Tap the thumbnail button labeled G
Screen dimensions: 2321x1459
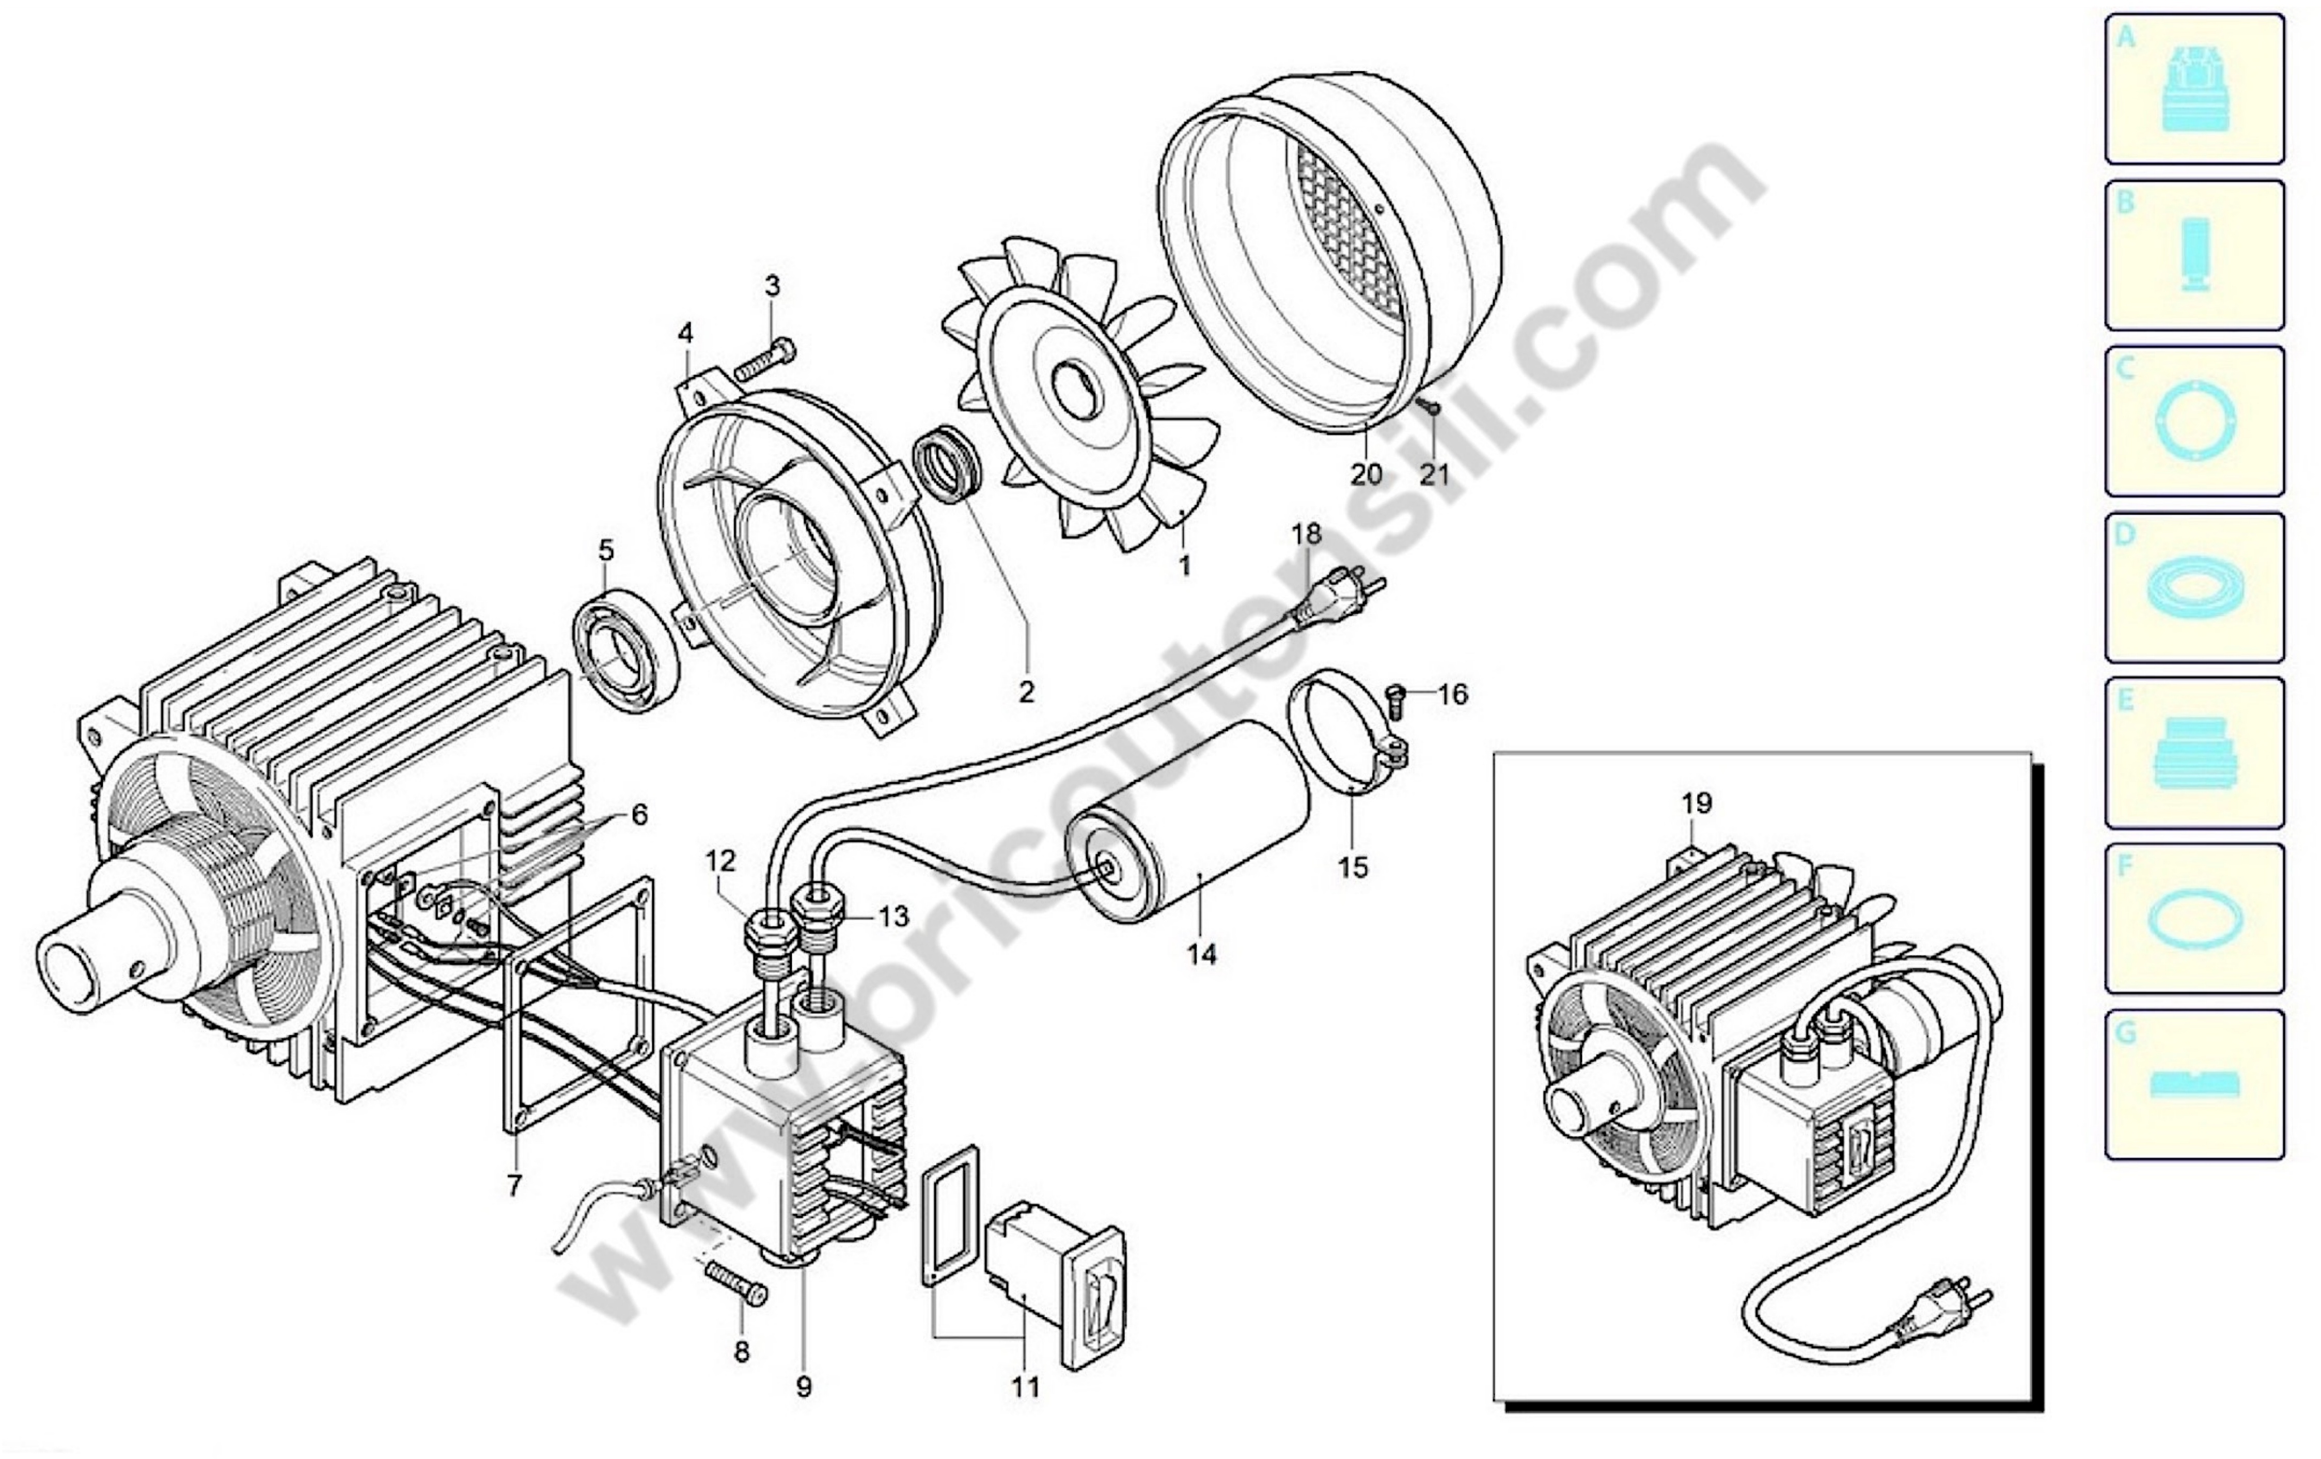pos(2195,1085)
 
